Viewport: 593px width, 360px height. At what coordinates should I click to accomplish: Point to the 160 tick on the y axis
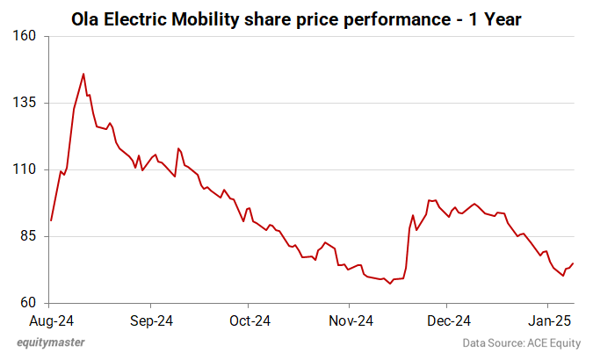tap(23, 36)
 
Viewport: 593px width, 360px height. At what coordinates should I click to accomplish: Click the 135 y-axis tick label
tap(23, 103)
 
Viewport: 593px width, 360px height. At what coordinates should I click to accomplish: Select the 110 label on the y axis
tap(23, 169)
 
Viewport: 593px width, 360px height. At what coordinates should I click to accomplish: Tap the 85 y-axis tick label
tap(25, 236)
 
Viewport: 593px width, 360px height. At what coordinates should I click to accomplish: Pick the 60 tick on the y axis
tap(25, 303)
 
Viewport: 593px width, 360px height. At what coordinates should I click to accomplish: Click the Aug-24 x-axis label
tap(51, 320)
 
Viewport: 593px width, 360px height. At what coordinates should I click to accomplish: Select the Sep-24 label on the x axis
tap(150, 320)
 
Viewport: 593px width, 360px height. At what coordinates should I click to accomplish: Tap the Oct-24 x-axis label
tap(249, 320)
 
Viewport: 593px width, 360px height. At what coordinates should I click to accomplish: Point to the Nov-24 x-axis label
tap(351, 320)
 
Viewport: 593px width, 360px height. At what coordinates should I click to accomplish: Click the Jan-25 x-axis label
tap(550, 320)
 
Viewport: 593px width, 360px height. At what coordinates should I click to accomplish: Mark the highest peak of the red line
tap(83, 74)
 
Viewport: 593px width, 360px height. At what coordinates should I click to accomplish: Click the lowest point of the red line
tap(390, 284)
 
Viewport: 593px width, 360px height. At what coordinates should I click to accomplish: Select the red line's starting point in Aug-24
tap(51, 220)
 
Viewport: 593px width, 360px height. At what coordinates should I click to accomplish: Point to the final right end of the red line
tap(574, 263)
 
